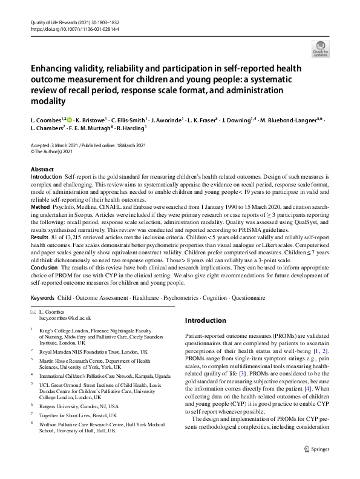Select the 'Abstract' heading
coord(42,170)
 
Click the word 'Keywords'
coord(42,298)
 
